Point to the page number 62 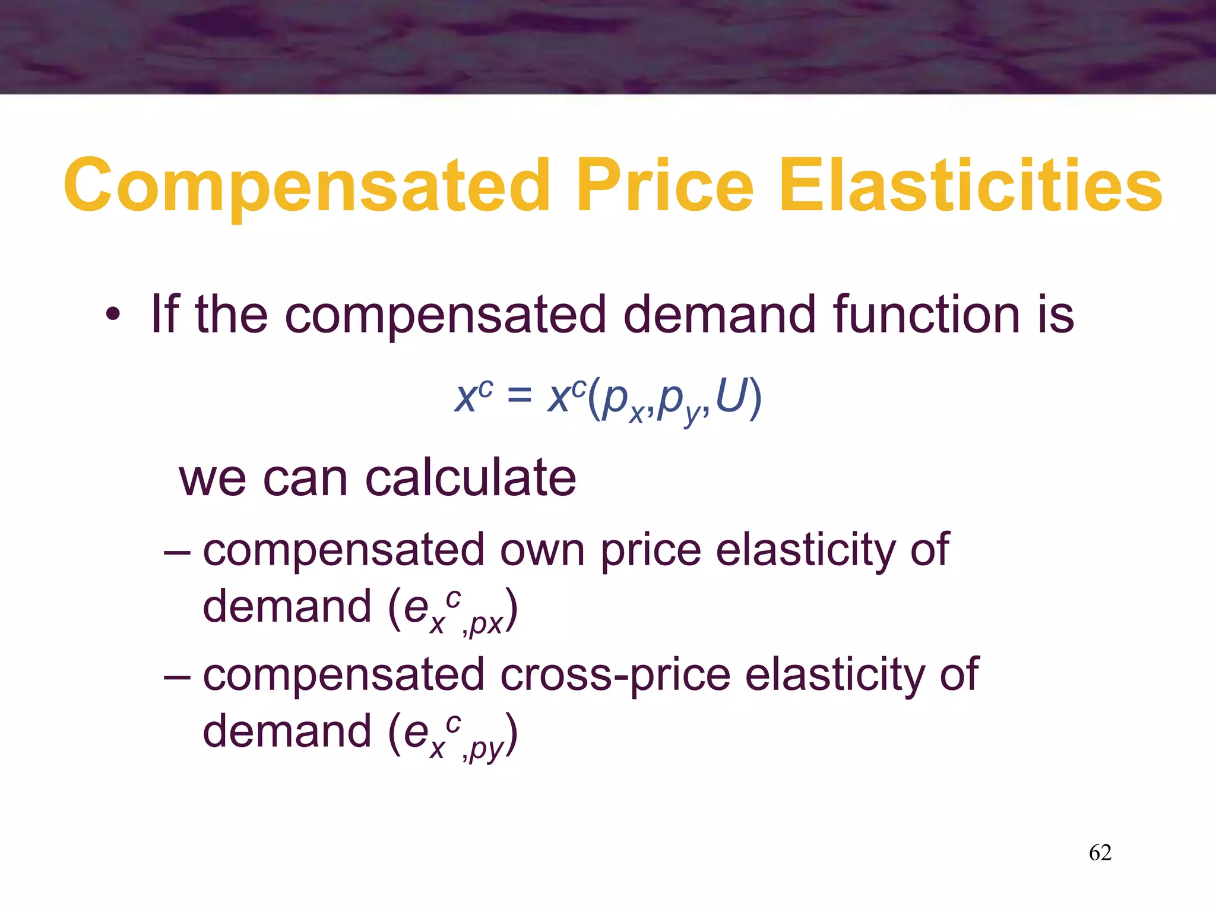1100,853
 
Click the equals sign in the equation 520,395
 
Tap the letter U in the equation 730,395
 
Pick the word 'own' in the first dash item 542,550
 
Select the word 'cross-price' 615,674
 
